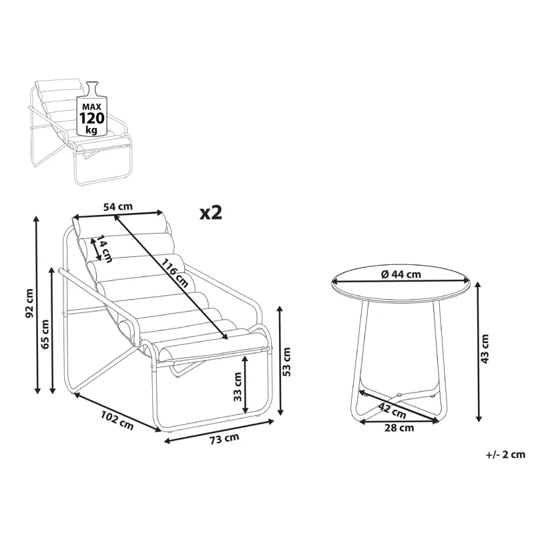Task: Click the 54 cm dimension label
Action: click(x=117, y=207)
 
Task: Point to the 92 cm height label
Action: click(x=28, y=304)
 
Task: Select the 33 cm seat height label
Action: click(x=237, y=386)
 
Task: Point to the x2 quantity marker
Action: click(x=210, y=212)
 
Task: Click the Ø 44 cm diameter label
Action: click(x=400, y=274)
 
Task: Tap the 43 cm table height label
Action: click(x=485, y=348)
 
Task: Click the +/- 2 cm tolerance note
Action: click(x=505, y=455)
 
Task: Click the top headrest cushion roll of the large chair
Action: click(x=120, y=226)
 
